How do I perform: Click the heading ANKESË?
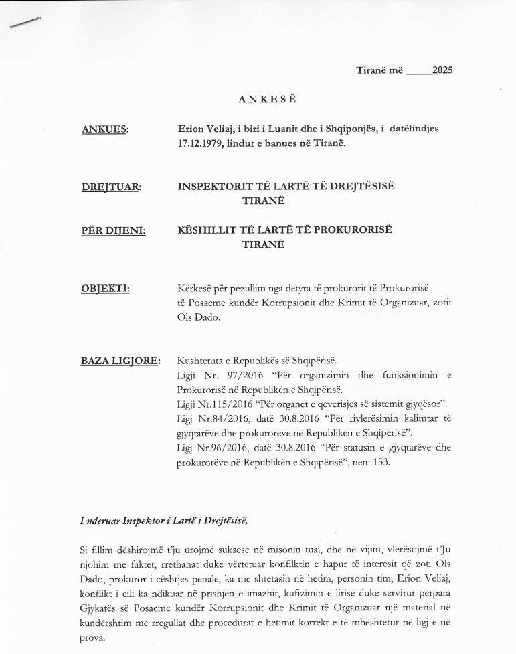[267, 100]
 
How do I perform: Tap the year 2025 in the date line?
[442, 70]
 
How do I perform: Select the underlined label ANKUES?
[104, 129]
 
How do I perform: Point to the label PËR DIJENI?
[113, 231]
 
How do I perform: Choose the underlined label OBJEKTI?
[105, 289]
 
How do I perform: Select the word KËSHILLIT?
[205, 230]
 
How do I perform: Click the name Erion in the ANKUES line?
[191, 129]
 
